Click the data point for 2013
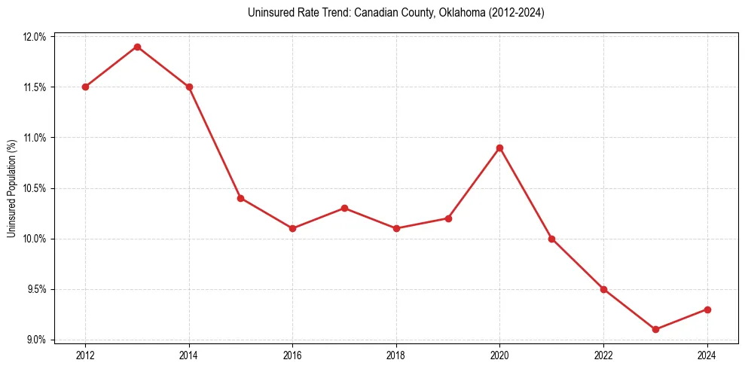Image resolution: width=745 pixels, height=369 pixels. click(137, 47)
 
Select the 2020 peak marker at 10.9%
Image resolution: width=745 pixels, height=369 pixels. click(499, 148)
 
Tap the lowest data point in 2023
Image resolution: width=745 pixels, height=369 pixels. click(655, 329)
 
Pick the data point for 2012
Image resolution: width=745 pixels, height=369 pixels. click(85, 87)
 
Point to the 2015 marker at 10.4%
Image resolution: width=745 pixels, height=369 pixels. click(240, 198)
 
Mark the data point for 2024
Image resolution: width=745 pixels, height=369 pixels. click(707, 310)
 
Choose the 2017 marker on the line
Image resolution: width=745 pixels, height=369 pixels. click(344, 208)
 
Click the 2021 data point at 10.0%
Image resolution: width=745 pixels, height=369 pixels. click(551, 239)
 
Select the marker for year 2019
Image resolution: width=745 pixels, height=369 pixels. click(448, 218)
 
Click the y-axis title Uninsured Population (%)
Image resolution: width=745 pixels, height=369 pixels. click(11, 188)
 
